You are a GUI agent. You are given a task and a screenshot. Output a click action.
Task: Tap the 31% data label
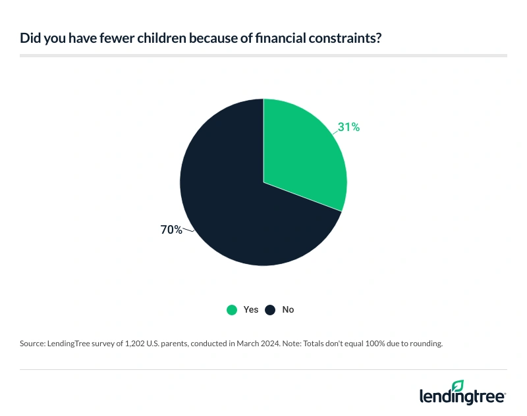point(349,128)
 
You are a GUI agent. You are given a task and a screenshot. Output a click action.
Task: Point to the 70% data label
point(171,230)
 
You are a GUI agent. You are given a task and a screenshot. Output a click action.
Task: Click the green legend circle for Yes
point(231,309)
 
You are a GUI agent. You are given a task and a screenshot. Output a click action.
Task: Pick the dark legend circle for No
point(269,309)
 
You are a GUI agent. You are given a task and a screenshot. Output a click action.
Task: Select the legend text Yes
point(251,309)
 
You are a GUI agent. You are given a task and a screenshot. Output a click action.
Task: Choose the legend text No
point(288,309)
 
